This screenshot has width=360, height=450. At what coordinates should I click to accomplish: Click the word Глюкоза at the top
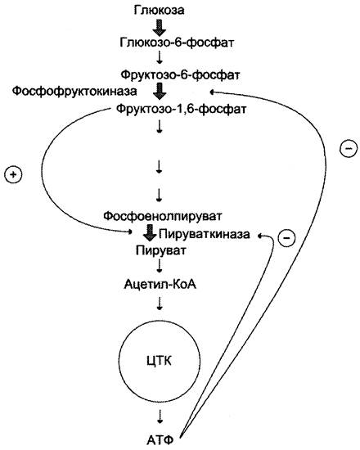tap(159, 11)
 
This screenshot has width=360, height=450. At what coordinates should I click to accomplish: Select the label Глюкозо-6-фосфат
tap(177, 43)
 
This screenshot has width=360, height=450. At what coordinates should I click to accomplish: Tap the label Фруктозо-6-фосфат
tap(180, 75)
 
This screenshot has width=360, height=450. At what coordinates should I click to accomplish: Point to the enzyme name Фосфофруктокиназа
tap(74, 92)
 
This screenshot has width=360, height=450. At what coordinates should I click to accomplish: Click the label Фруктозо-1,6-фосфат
tap(181, 110)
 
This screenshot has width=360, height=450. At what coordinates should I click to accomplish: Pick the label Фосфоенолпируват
tap(163, 215)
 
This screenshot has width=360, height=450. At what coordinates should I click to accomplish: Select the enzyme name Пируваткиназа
tap(205, 234)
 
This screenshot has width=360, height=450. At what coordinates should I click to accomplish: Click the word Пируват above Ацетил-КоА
tap(160, 250)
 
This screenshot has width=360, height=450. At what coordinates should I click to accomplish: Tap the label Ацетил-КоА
tap(160, 285)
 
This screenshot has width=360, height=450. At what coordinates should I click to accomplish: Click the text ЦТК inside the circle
tap(159, 361)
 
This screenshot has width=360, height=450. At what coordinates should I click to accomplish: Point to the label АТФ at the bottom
tap(160, 439)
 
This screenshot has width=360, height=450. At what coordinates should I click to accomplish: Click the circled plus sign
tap(13, 174)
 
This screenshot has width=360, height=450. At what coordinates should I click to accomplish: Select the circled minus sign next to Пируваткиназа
tap(287, 238)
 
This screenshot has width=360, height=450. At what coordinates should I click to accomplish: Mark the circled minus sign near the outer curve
tap(349, 148)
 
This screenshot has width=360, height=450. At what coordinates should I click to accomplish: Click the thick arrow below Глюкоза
tap(160, 27)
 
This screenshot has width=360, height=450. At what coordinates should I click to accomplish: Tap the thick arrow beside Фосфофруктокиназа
tap(160, 92)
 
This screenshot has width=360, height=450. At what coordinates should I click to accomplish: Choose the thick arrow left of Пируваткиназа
tap(150, 232)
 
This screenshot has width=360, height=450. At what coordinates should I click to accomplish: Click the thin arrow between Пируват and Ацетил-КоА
tap(160, 266)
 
